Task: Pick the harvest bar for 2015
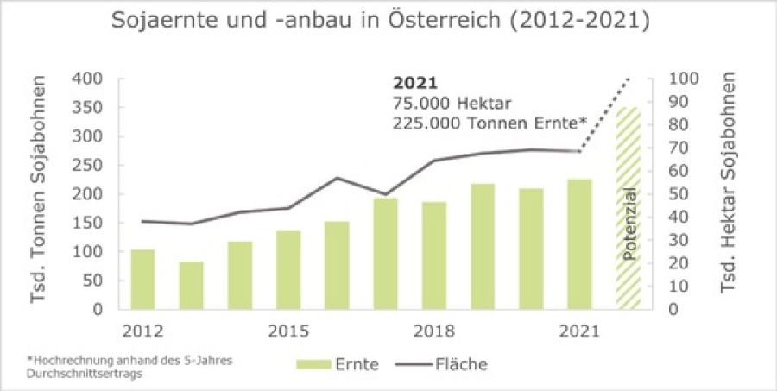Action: tap(288, 269)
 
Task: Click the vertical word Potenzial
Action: tap(629, 223)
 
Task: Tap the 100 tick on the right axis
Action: tap(674, 79)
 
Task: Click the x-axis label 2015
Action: tap(288, 331)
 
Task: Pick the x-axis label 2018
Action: tap(433, 331)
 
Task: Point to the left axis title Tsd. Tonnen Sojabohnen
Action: tap(39, 194)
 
